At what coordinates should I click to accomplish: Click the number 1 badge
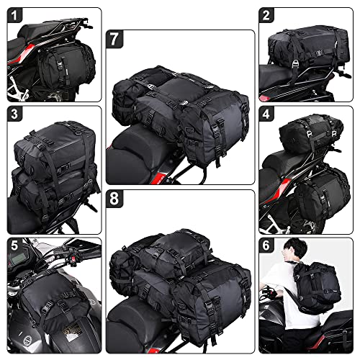[x=15, y=15]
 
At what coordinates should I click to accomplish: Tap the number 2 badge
[x=267, y=15]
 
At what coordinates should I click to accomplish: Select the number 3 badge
[x=15, y=114]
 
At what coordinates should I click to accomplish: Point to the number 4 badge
[x=267, y=114]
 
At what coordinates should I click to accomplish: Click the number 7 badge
[x=114, y=38]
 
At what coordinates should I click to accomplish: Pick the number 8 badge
[x=114, y=197]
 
